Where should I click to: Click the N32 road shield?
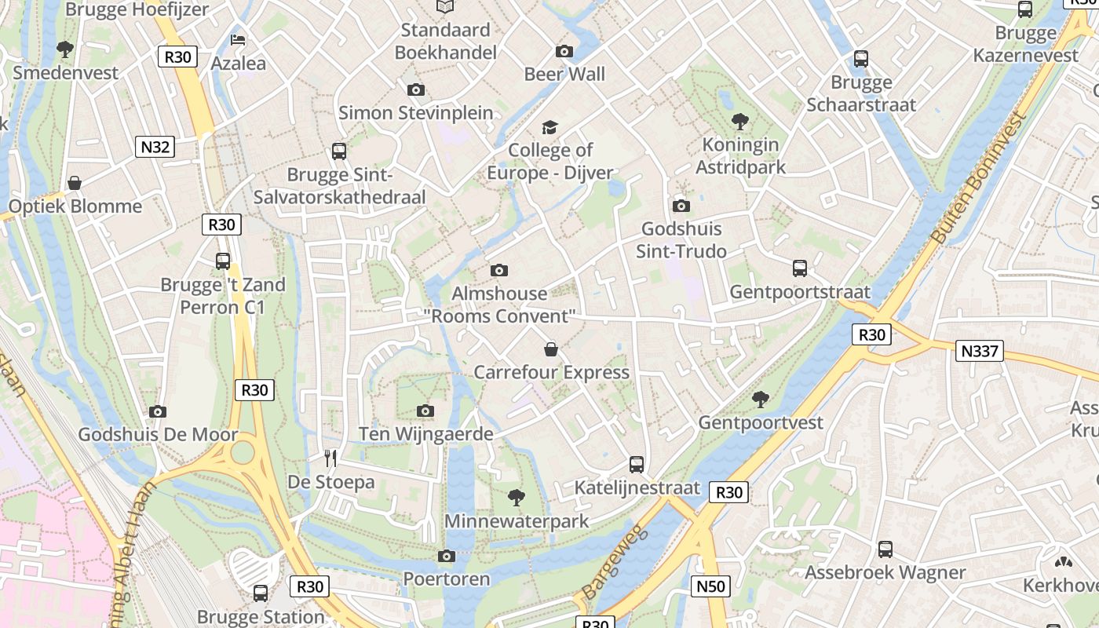(155, 147)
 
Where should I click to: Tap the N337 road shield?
(980, 351)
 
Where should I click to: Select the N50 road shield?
(711, 586)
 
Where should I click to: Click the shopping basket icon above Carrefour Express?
(551, 349)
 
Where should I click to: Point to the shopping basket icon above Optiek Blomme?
(75, 184)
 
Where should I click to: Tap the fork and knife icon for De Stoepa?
(330, 458)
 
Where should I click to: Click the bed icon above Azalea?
(238, 40)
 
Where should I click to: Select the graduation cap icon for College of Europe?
(549, 127)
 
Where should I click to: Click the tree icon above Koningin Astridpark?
(739, 122)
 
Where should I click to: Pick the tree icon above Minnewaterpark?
(516, 497)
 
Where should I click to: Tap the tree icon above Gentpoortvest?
(760, 400)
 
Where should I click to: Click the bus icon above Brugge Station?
(261, 593)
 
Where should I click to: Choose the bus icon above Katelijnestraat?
(637, 465)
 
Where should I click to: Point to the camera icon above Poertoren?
(446, 557)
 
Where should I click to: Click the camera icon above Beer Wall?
(564, 52)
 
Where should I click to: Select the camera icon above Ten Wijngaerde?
(425, 411)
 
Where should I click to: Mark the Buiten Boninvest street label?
(977, 180)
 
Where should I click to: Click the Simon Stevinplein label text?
(416, 113)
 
